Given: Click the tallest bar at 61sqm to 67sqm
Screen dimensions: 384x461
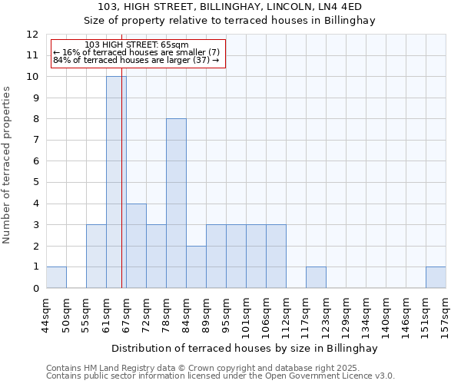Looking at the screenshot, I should coord(116,182).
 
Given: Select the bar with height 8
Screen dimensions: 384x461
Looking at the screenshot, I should coord(176,204).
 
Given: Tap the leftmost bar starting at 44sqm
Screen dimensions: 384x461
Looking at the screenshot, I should coord(56,277).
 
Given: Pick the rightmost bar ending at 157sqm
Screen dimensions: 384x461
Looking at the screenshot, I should coord(436,277).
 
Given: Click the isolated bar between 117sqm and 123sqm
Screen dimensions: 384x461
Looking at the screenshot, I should coord(316,277).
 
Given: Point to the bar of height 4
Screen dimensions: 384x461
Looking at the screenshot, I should coord(136,246).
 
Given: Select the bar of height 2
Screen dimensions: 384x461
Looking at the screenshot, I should coord(196,266).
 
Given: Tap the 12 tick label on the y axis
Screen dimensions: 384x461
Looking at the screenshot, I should coord(32,35).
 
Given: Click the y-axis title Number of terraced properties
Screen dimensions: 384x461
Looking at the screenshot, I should coord(8,165).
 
